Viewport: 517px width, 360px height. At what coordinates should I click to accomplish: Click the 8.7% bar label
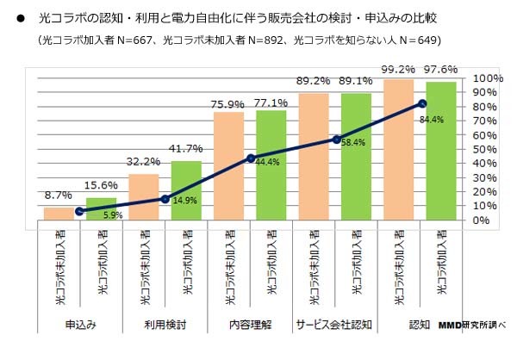pos(58,196)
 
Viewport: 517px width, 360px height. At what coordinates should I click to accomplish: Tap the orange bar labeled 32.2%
pos(143,196)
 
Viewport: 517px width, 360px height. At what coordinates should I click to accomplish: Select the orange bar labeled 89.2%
pos(313,156)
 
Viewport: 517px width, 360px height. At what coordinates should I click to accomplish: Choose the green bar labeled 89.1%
pos(355,156)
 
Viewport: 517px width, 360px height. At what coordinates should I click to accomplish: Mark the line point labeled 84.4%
pos(421,103)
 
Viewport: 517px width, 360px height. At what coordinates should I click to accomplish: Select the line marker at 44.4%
pos(251,158)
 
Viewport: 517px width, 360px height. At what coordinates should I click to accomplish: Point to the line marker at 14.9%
pos(165,199)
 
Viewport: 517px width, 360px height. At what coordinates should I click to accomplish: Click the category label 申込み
pos(79,324)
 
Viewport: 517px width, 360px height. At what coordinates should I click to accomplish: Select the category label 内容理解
pos(250,324)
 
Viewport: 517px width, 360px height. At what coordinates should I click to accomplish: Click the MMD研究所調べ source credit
pos(472,325)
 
